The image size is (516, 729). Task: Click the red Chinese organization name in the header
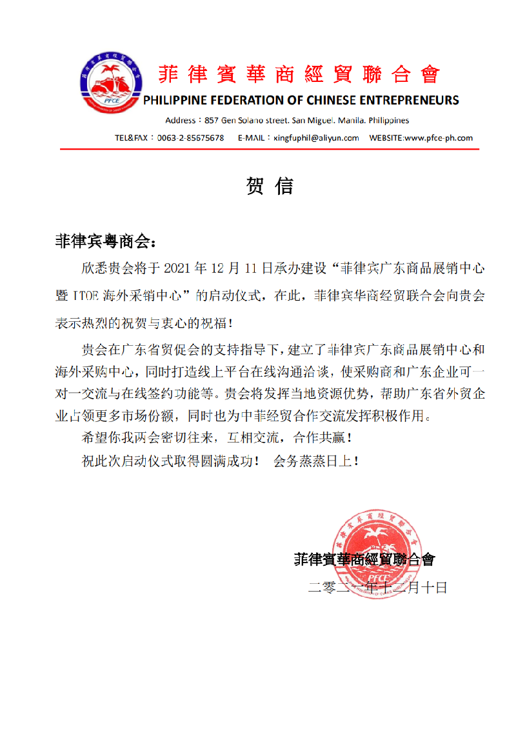tap(299, 75)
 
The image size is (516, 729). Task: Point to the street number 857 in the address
tap(212, 121)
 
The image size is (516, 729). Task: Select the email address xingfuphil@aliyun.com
tap(316, 137)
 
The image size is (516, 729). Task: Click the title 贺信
tap(270, 186)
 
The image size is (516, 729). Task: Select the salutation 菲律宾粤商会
tap(103, 241)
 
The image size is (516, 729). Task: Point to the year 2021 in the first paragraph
tap(180, 268)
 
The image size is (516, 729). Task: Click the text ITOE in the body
tap(81, 297)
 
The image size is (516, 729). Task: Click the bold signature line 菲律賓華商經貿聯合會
tap(364, 559)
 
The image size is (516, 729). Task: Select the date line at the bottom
tap(377, 588)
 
